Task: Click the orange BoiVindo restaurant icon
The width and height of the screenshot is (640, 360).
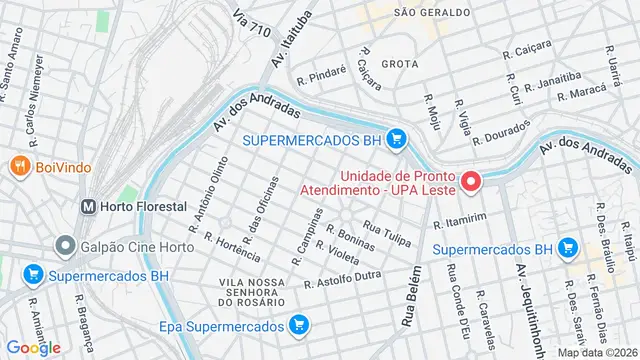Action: [19, 166]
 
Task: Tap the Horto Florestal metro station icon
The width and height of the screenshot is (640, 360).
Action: [89, 206]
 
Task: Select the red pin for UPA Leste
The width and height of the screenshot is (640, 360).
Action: [470, 182]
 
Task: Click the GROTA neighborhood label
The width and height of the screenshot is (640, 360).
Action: [399, 62]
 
